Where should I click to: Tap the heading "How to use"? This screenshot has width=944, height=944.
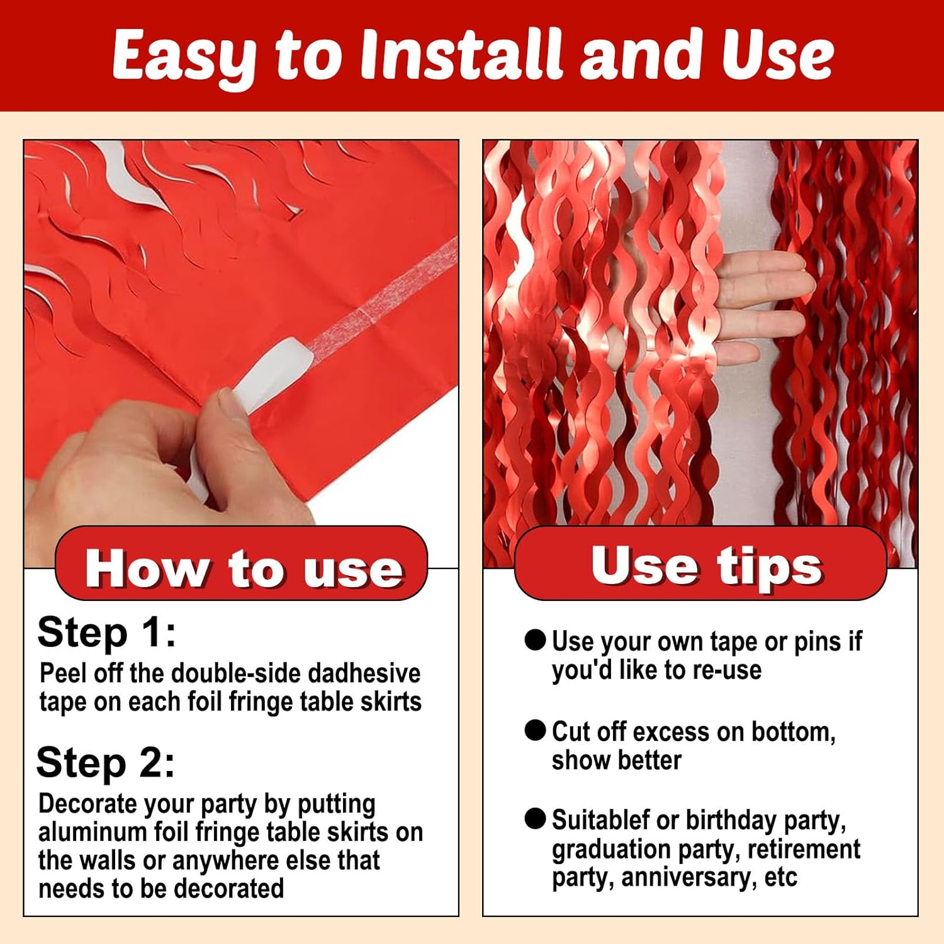coord(244,568)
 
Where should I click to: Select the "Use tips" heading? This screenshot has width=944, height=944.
coord(707,565)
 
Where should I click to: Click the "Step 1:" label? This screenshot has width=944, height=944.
coord(106,632)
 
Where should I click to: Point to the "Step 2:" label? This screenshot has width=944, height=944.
coord(106,763)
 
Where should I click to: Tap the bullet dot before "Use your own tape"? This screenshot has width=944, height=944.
coord(535,640)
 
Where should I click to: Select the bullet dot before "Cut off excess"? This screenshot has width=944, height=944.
coord(535,730)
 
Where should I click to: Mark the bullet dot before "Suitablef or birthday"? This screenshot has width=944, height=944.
coord(535,819)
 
